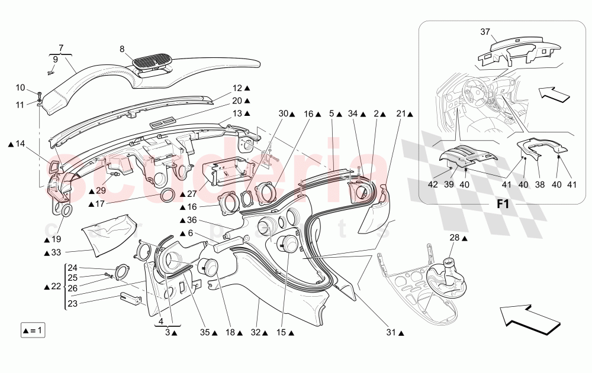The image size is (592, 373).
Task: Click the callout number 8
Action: tap(123, 50)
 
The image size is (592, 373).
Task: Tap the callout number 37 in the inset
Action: tap(485, 32)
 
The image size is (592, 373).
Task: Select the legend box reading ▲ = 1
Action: tap(33, 330)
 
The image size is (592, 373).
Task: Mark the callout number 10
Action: tap(21, 88)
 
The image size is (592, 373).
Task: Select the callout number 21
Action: tap(401, 113)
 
